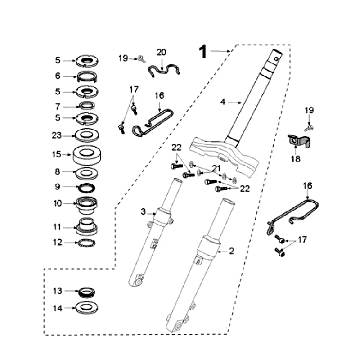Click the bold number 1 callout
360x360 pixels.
point(204,48)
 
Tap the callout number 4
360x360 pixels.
point(224,100)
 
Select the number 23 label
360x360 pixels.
point(57,135)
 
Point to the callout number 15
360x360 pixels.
point(57,154)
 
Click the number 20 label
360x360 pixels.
point(162,50)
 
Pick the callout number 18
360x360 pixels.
point(294,157)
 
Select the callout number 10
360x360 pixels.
point(57,204)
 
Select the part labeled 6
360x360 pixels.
point(92,75)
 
